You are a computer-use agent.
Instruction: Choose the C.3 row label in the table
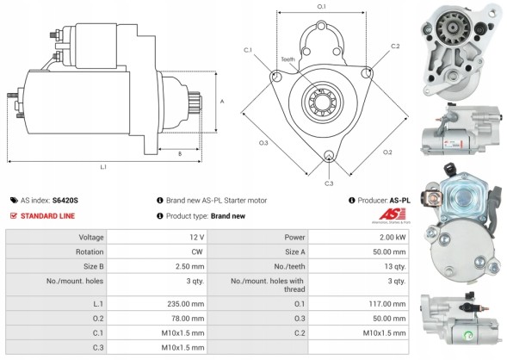(x=100, y=348)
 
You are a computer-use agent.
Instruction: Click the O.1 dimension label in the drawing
(x=321, y=7)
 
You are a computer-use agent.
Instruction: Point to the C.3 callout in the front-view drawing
(x=329, y=183)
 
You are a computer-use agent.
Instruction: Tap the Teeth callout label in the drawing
(x=287, y=59)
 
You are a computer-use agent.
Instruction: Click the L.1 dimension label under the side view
(x=104, y=166)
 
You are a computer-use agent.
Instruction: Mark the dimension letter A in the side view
(x=222, y=101)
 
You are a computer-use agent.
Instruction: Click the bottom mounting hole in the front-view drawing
(x=329, y=157)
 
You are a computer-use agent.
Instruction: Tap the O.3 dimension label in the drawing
(x=264, y=142)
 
